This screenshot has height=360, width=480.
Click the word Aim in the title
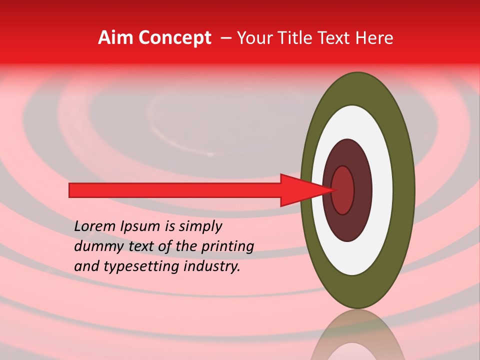(x=115, y=38)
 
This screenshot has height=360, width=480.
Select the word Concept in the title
(x=174, y=38)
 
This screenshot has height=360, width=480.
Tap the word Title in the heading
(x=296, y=38)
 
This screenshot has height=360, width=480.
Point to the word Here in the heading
(x=375, y=38)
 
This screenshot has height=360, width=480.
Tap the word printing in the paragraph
(x=227, y=246)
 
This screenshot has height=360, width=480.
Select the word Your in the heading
(x=253, y=38)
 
